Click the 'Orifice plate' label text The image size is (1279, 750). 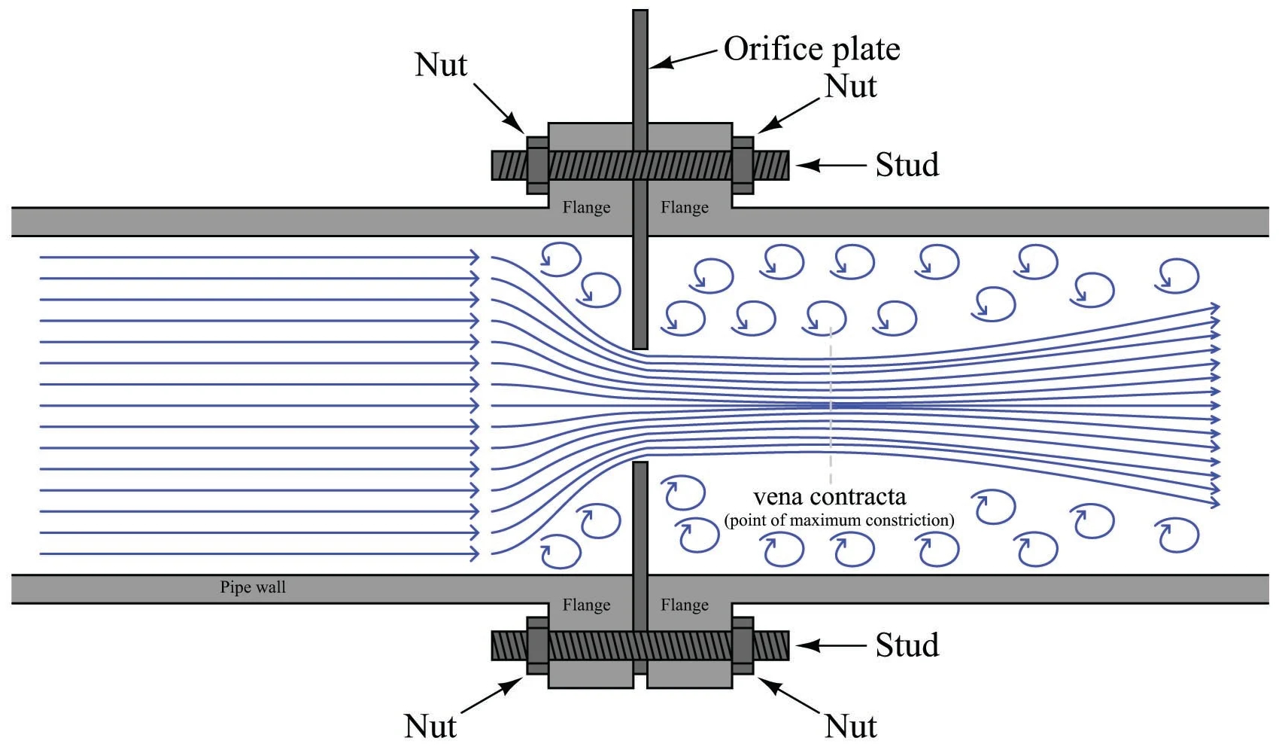812,49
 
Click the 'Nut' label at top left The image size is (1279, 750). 441,65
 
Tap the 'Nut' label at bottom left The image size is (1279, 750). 430,727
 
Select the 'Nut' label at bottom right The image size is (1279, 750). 851,727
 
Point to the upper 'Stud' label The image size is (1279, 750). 907,165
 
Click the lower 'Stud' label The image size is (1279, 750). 907,645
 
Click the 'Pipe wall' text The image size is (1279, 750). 253,587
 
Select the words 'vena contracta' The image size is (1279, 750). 830,497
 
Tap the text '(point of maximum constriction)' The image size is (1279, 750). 839,520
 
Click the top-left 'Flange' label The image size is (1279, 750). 587,207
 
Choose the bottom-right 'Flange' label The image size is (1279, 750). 685,605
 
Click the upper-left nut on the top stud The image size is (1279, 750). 537,165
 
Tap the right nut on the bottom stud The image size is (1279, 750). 743,645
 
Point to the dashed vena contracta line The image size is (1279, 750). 831,407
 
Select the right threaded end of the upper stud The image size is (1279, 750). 771,165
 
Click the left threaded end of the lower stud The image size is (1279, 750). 509,645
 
